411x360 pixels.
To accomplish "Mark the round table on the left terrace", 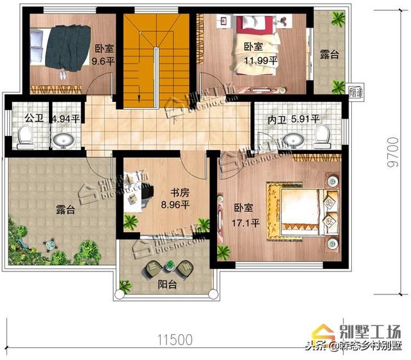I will coord(49,244).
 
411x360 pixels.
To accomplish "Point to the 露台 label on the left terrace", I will coord(65,210).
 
